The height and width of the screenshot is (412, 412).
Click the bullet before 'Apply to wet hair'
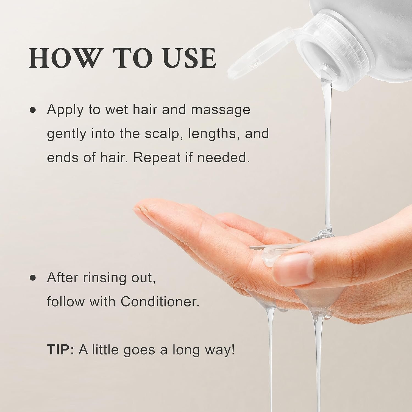point(33,110)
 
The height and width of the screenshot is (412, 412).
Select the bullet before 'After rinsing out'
point(33,278)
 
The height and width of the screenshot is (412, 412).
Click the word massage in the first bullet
point(221,110)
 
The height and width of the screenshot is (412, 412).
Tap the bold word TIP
point(60,350)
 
